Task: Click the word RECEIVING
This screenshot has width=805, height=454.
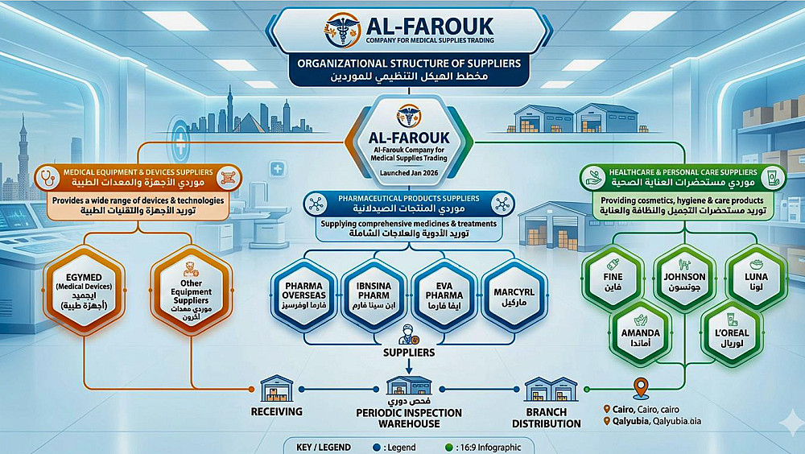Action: (x=276, y=412)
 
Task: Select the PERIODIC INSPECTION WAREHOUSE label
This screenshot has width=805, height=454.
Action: (x=409, y=418)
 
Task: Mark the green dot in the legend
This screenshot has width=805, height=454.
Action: (x=449, y=447)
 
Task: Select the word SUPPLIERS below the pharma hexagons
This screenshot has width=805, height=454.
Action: (x=408, y=352)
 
